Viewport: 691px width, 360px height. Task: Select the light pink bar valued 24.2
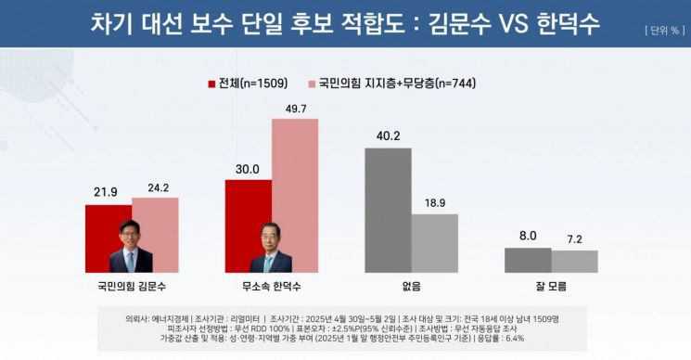click(x=155, y=234)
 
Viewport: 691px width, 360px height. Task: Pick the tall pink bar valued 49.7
click(x=295, y=195)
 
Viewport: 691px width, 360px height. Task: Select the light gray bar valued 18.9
click(x=435, y=243)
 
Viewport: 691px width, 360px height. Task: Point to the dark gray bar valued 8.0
click(x=528, y=260)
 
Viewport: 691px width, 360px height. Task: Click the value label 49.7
click(x=295, y=109)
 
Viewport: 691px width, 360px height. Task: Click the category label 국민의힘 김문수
click(x=132, y=287)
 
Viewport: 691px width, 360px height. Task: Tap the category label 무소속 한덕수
click(x=272, y=287)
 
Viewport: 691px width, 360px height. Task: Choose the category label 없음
click(x=411, y=287)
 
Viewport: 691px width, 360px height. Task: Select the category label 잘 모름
click(x=551, y=287)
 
